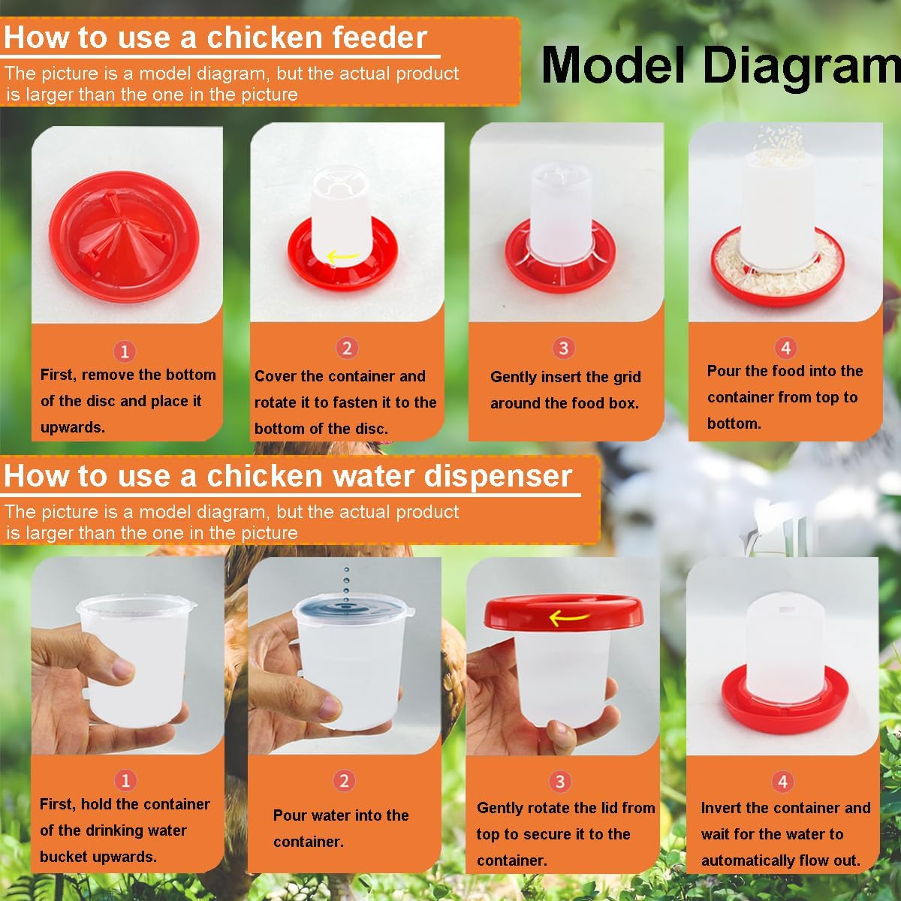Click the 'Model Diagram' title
(719, 66)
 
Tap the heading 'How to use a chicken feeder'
(215, 38)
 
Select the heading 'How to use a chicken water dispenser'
(288, 476)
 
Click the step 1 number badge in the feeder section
(125, 351)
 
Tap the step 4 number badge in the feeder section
(785, 348)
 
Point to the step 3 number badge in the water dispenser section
(559, 781)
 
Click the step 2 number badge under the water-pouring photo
(344, 781)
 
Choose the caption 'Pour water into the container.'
(341, 828)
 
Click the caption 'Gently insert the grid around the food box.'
(565, 390)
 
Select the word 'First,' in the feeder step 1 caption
(59, 375)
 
